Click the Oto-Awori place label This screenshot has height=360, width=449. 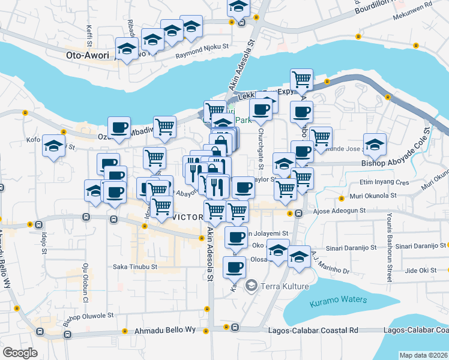[89, 55]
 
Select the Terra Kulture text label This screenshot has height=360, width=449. [284, 287]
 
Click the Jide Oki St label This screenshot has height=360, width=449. [420, 270]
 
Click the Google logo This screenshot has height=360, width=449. [20, 352]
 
